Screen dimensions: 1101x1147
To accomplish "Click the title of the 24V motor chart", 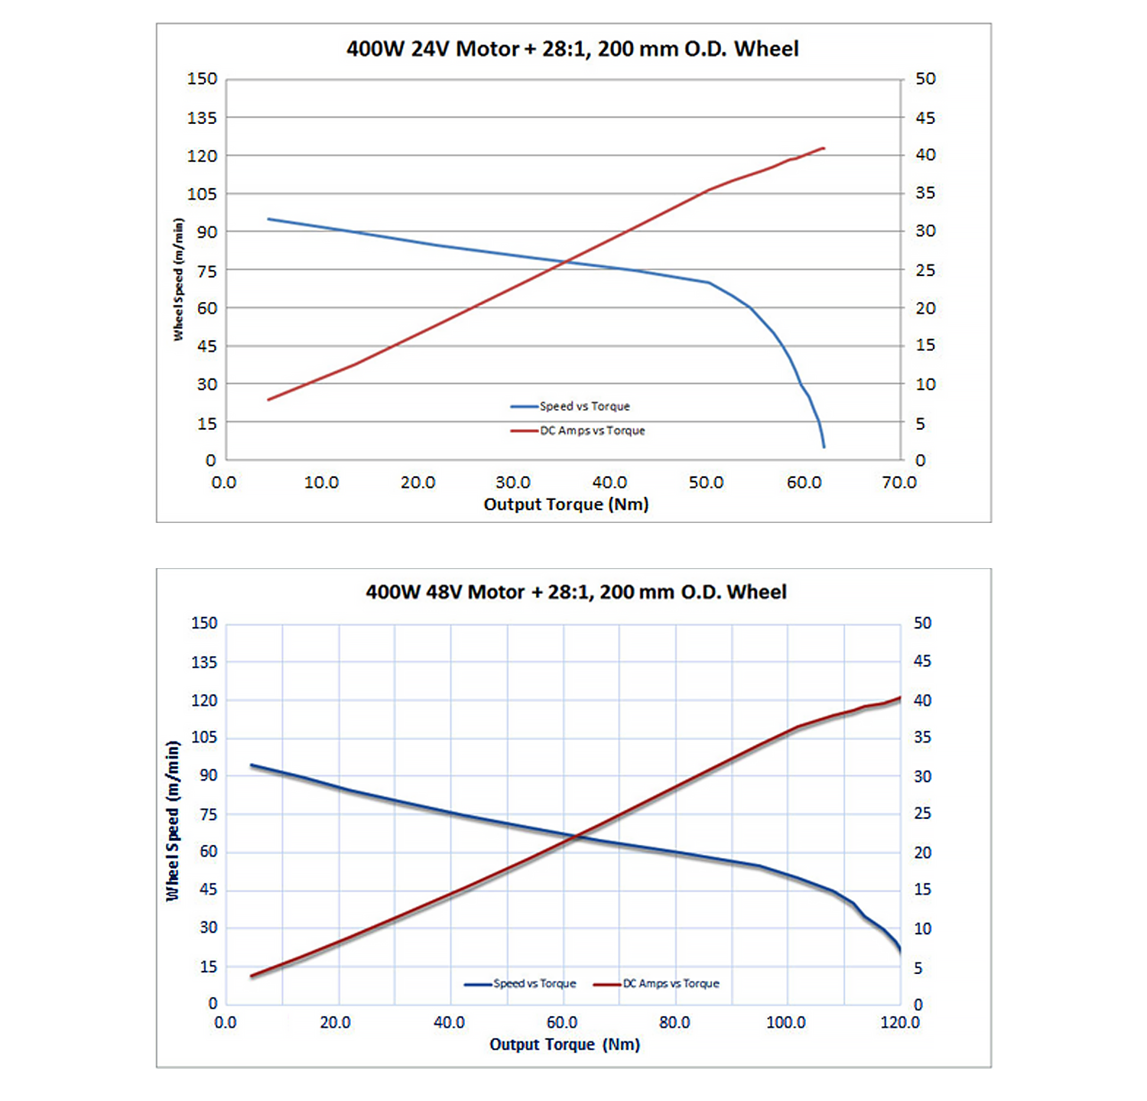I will (x=572, y=49).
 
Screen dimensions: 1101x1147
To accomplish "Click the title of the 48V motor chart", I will (x=576, y=593).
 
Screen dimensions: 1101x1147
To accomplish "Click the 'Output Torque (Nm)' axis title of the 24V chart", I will (x=566, y=505).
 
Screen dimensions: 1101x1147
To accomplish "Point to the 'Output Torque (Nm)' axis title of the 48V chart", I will (x=564, y=1044).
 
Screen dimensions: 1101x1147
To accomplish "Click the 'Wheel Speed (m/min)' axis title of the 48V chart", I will (x=173, y=820).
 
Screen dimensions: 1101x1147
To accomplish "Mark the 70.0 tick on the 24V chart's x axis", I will (x=899, y=482).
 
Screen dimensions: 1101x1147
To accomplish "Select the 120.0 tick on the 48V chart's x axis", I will (x=899, y=1023).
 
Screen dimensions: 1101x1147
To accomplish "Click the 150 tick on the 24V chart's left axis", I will (x=202, y=79).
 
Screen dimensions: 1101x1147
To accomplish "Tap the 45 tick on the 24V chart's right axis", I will (x=925, y=118).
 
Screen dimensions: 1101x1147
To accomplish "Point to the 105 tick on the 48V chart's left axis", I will (x=203, y=738).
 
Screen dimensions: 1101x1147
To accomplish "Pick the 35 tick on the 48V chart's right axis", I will (x=923, y=738).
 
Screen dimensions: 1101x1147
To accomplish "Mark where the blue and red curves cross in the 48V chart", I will (x=575, y=836).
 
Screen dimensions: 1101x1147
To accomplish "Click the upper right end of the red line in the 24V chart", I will (x=824, y=148).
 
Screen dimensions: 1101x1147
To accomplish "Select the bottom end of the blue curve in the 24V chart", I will (x=824, y=447).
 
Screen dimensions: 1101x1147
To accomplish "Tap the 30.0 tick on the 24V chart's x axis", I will (x=512, y=482).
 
